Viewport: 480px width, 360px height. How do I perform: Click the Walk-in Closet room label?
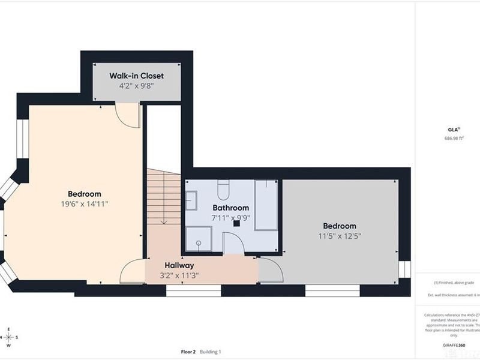(136, 76)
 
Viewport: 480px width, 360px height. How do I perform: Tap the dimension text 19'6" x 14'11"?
(84, 204)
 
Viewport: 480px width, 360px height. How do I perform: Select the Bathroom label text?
(230, 208)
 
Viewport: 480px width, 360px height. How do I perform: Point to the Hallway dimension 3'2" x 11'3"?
(179, 275)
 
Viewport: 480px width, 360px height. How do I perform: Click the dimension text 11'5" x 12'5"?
(340, 236)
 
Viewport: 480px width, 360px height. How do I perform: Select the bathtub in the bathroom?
(266, 205)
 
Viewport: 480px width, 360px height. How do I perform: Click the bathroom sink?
(191, 200)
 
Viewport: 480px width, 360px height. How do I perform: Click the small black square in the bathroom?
(237, 223)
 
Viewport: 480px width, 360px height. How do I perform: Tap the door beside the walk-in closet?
(128, 115)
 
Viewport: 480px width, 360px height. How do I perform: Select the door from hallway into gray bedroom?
(271, 271)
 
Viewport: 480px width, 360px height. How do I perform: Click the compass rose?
(8, 337)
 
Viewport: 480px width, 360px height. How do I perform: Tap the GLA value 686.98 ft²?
(454, 137)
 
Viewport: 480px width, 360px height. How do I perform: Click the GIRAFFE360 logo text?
(454, 346)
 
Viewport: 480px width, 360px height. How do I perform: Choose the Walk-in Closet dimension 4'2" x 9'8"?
(136, 86)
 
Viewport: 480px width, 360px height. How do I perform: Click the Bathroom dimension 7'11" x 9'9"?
(230, 218)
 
